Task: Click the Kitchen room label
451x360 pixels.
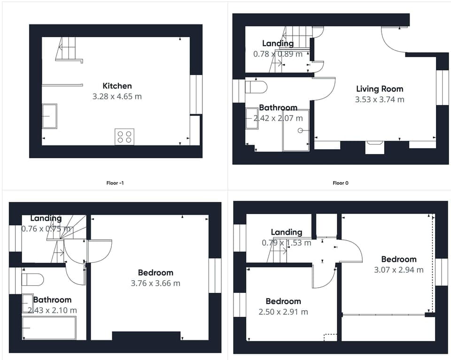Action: (117, 86)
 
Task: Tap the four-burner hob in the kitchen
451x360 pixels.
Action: (124, 137)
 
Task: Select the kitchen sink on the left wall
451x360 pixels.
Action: (49, 116)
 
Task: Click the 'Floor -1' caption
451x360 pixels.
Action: (115, 183)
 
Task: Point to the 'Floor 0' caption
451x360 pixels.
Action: (340, 183)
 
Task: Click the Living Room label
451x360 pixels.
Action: (379, 89)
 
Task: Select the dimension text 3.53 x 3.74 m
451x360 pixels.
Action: (379, 100)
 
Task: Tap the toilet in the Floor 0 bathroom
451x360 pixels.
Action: (257, 87)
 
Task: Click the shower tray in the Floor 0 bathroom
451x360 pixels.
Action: (295, 130)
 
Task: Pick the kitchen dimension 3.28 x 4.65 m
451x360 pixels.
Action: (117, 97)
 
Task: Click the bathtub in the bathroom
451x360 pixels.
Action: (49, 328)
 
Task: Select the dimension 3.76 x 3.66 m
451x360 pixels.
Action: (155, 283)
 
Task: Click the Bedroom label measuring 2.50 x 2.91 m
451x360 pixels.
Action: (283, 301)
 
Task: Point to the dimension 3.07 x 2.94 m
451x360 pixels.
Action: (398, 270)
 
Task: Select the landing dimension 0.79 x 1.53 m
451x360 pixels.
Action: (286, 243)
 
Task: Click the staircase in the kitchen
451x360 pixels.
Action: (68, 49)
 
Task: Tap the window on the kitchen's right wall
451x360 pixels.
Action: (196, 94)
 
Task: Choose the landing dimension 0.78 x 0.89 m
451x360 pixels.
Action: (278, 54)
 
